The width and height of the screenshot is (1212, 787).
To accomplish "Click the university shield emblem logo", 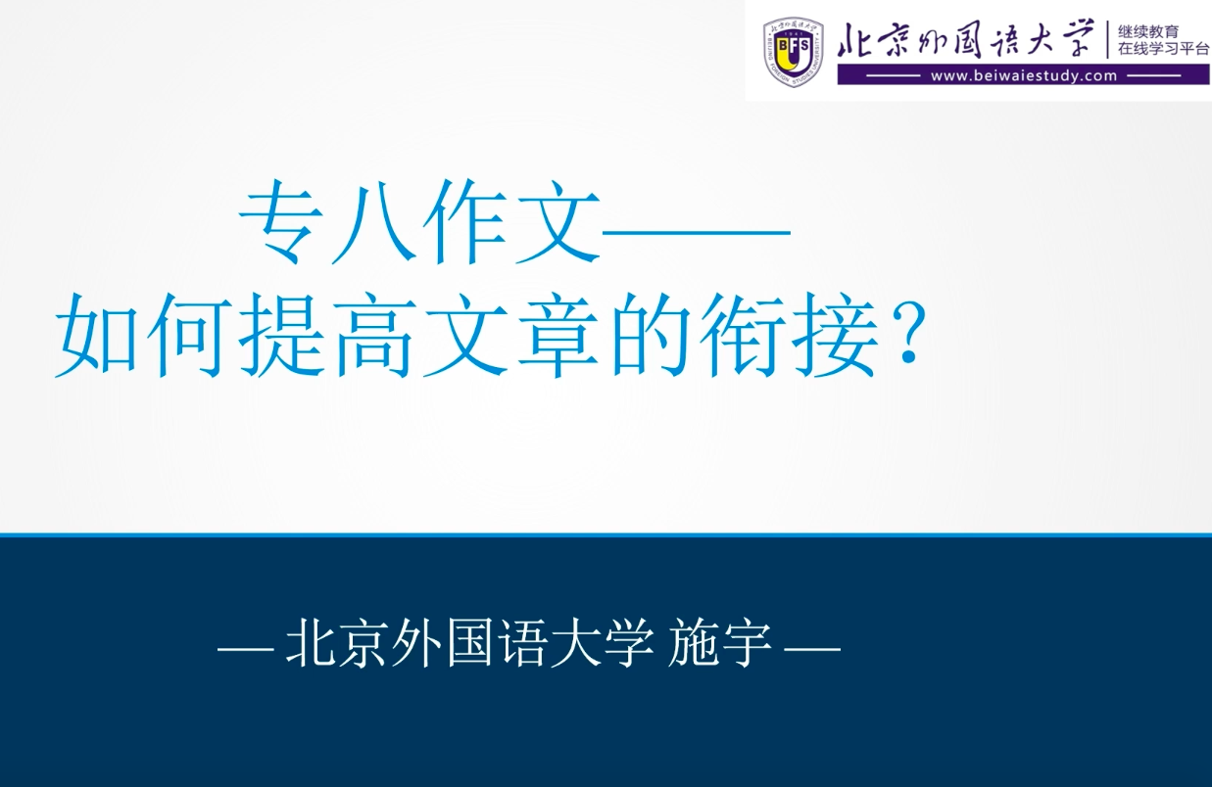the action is (794, 51).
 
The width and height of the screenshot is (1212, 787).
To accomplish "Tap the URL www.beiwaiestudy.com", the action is (1024, 75).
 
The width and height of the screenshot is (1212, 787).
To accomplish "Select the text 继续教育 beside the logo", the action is (1148, 31).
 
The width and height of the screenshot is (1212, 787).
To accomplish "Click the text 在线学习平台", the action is (1163, 50).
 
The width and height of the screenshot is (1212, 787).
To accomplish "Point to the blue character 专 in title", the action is (284, 222).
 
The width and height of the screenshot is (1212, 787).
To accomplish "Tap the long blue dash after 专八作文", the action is (696, 232).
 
